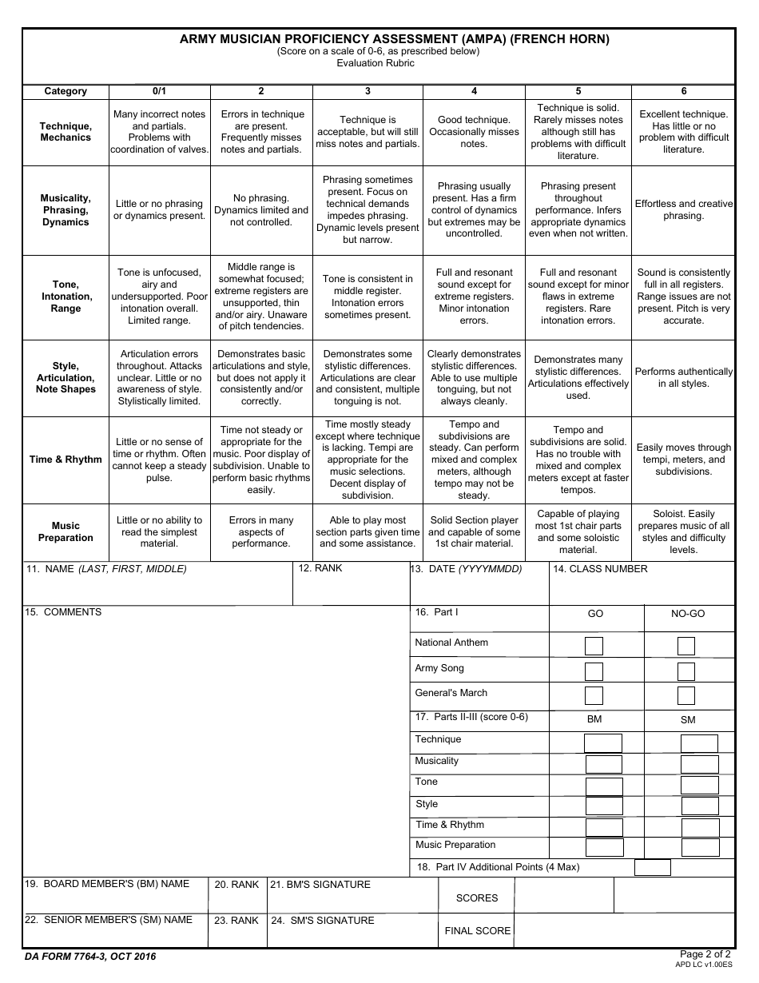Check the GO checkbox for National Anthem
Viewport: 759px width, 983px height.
click(594, 646)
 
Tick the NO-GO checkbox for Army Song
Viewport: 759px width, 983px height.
click(686, 671)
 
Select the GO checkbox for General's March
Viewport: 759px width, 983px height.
click(594, 695)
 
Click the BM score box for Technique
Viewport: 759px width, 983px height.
click(603, 743)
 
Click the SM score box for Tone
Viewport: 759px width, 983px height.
click(699, 786)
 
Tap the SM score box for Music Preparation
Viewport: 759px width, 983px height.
click(699, 848)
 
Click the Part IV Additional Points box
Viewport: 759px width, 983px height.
click(653, 867)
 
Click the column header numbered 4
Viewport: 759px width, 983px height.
click(475, 91)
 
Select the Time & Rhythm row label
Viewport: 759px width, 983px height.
click(66, 460)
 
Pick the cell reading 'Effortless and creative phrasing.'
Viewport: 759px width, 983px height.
click(683, 210)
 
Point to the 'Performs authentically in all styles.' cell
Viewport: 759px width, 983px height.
click(683, 378)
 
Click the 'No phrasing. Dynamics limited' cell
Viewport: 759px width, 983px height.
click(261, 210)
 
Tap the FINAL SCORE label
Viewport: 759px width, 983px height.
click(478, 930)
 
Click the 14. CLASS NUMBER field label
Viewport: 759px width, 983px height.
click(600, 569)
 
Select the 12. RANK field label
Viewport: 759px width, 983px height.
click(320, 568)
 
